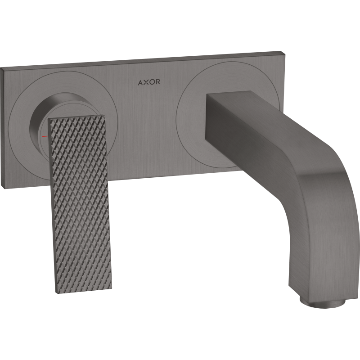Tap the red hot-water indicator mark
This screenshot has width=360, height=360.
point(44,135)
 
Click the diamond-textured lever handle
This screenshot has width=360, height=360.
point(77,189)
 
